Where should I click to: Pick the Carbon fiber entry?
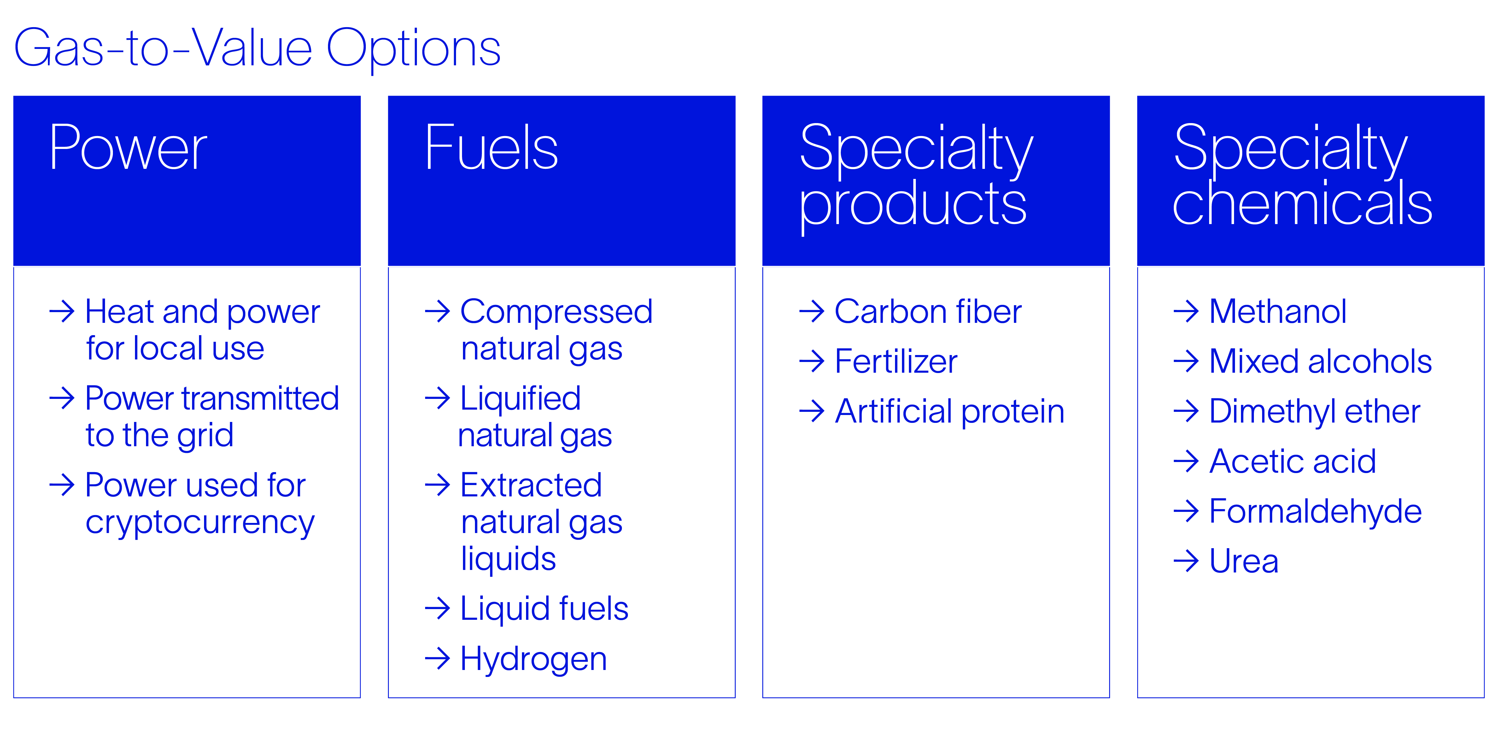[928, 312]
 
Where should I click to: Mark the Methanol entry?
[1278, 312]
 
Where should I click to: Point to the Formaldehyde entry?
[1315, 512]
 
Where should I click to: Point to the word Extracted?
[531, 485]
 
